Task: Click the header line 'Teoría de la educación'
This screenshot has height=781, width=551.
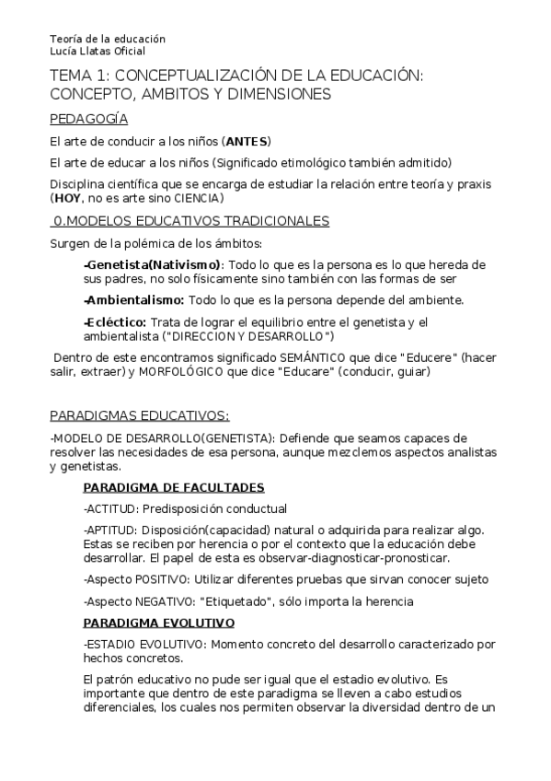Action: pos(108,40)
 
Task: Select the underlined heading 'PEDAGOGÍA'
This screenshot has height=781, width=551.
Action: pos(88,119)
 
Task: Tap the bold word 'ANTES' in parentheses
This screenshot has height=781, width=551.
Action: pos(246,142)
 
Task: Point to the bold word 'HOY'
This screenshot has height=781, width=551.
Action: pos(68,198)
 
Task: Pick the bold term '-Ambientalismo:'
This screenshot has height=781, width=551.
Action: pos(134,299)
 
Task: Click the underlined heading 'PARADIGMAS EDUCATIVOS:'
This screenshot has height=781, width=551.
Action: pos(139,415)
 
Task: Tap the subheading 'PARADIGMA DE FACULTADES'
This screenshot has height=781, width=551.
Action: pos(174,488)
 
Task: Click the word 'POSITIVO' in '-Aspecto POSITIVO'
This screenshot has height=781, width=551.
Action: pos(163,579)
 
